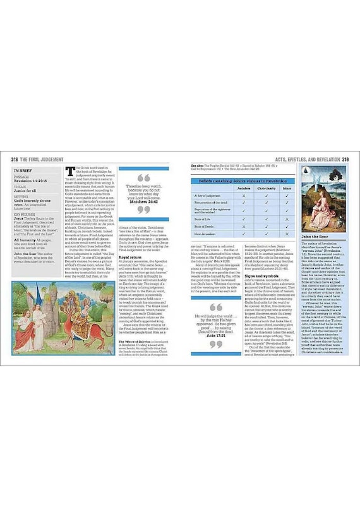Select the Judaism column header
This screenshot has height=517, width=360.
(243, 188)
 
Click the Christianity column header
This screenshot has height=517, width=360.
(267, 188)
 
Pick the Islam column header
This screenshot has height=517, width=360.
(287, 188)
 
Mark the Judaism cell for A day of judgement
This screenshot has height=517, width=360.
(243, 196)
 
